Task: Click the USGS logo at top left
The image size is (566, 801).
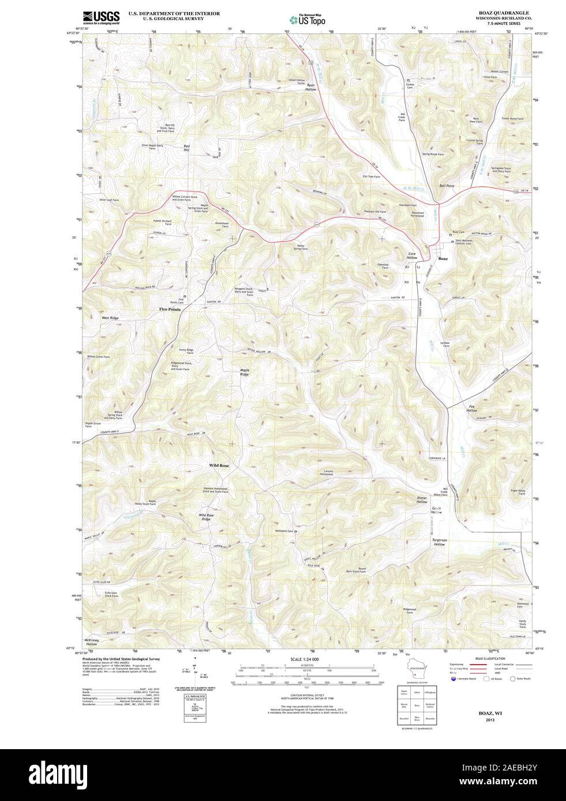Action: pos(101,17)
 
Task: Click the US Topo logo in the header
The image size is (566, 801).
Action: pos(308,20)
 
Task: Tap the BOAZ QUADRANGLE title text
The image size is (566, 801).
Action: pos(496,12)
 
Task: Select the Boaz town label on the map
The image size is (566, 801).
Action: pos(443,259)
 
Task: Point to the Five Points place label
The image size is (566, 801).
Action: pos(170,309)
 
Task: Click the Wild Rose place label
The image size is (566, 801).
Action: pos(219,464)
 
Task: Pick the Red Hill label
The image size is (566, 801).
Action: pos(186,148)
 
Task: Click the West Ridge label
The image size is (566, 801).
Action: pos(110,318)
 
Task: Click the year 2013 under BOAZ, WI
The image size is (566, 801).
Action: pos(490,720)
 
